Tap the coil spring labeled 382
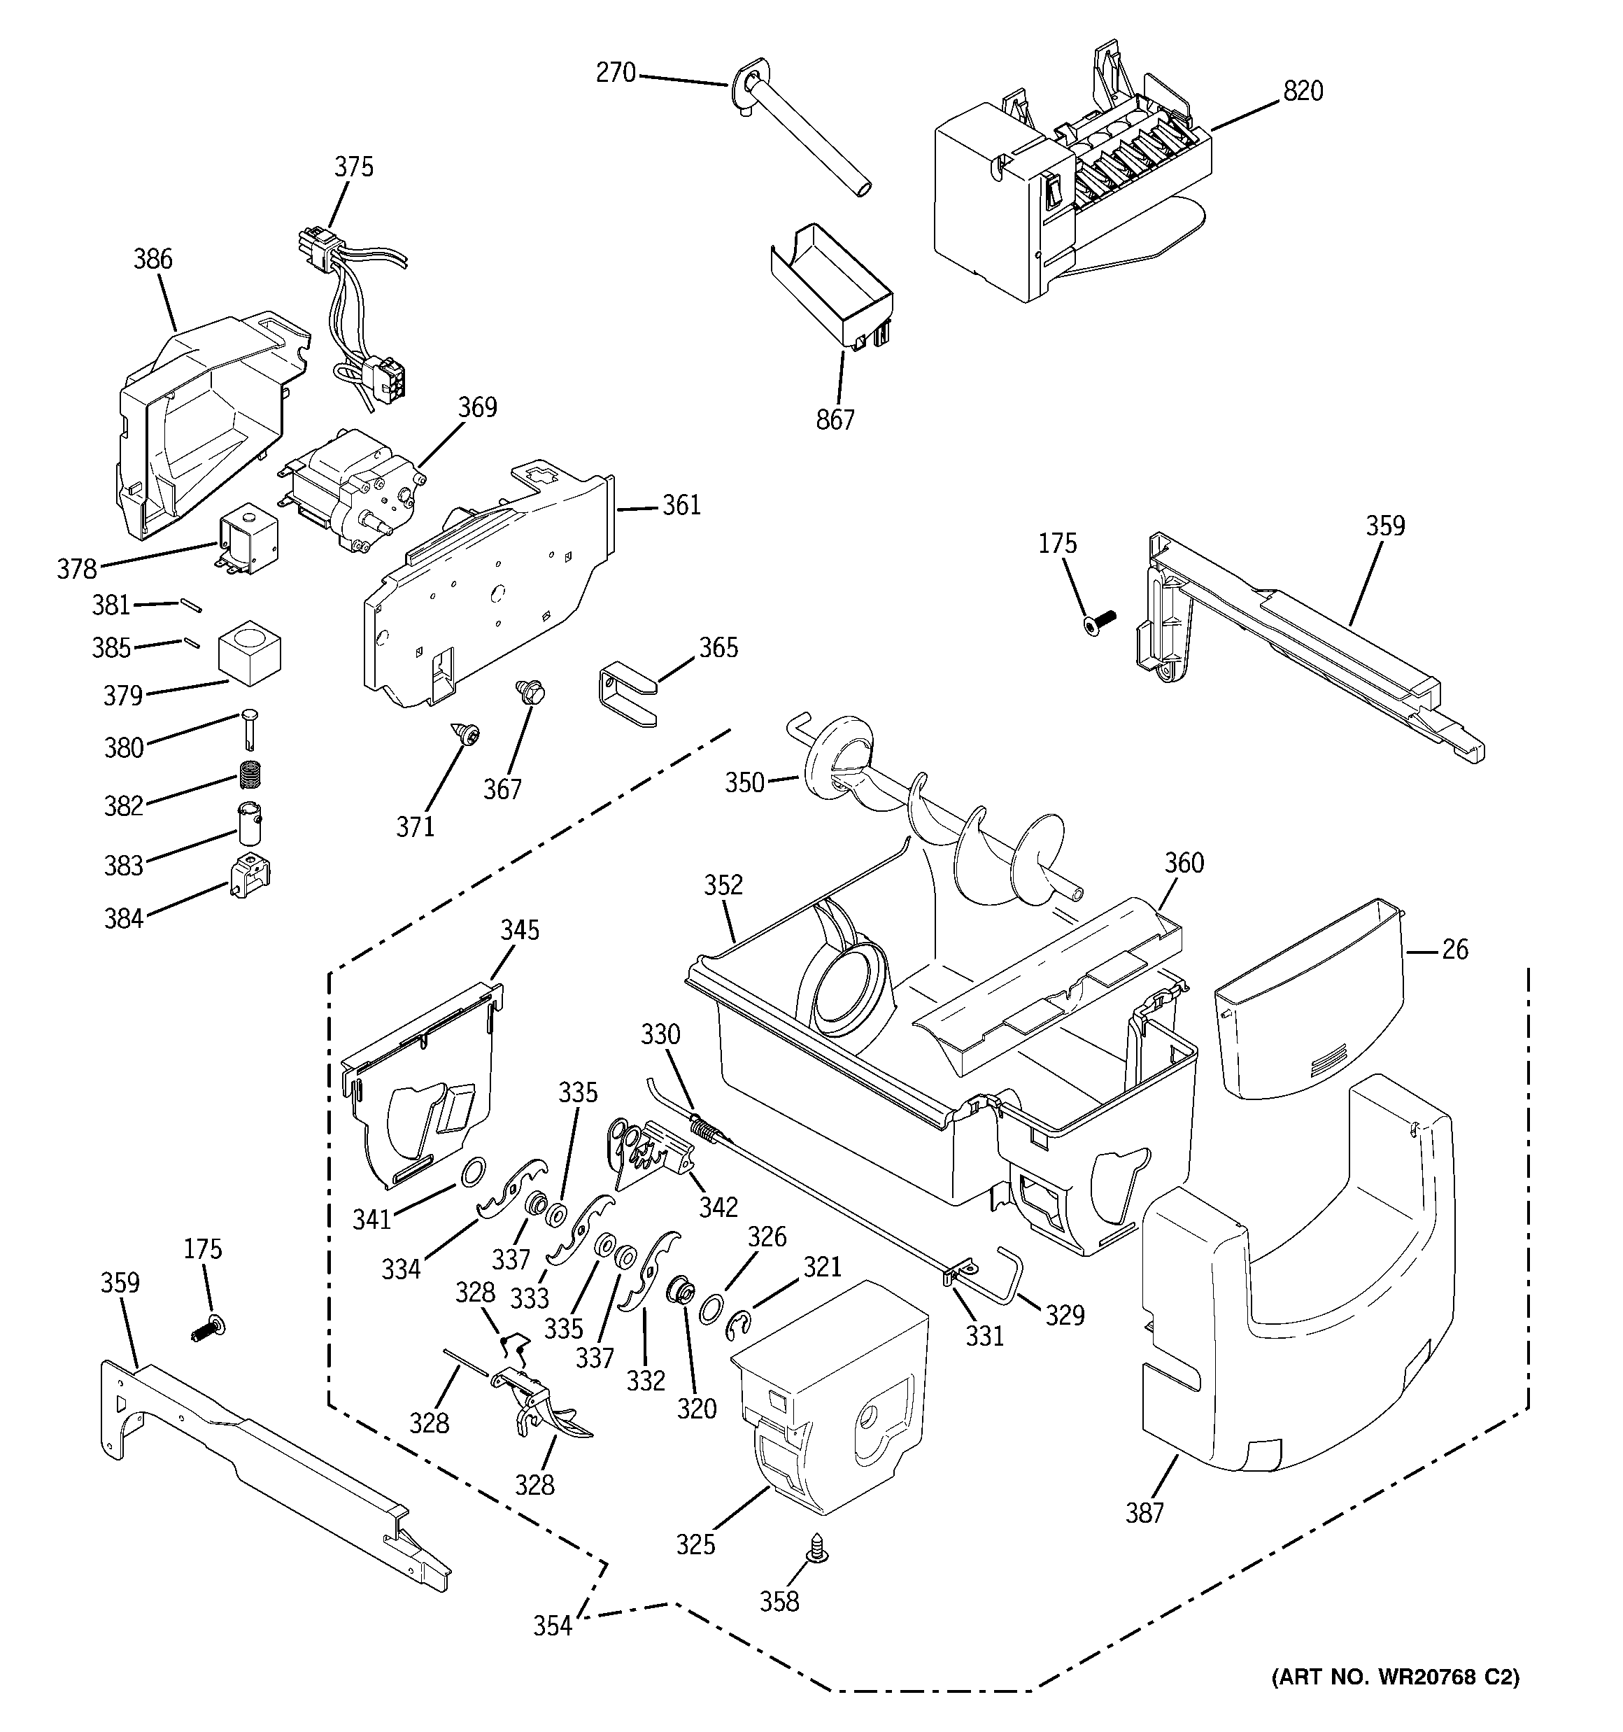[x=252, y=772]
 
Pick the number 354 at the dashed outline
[x=553, y=1626]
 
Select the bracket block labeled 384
[x=249, y=875]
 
